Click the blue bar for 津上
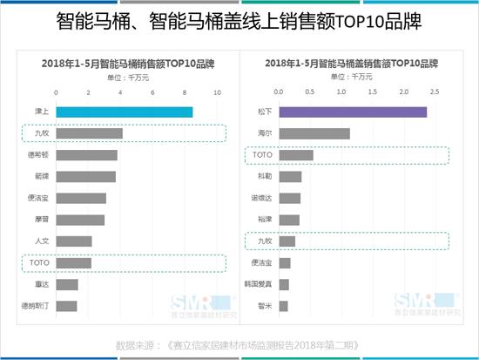(124, 112)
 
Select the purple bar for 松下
(353, 112)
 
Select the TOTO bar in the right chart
(296, 155)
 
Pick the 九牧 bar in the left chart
(89, 133)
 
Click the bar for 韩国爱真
(284, 284)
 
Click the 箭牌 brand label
(42, 176)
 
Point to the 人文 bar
(74, 241)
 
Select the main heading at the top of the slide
(239, 20)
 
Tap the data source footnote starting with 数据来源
(239, 343)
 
